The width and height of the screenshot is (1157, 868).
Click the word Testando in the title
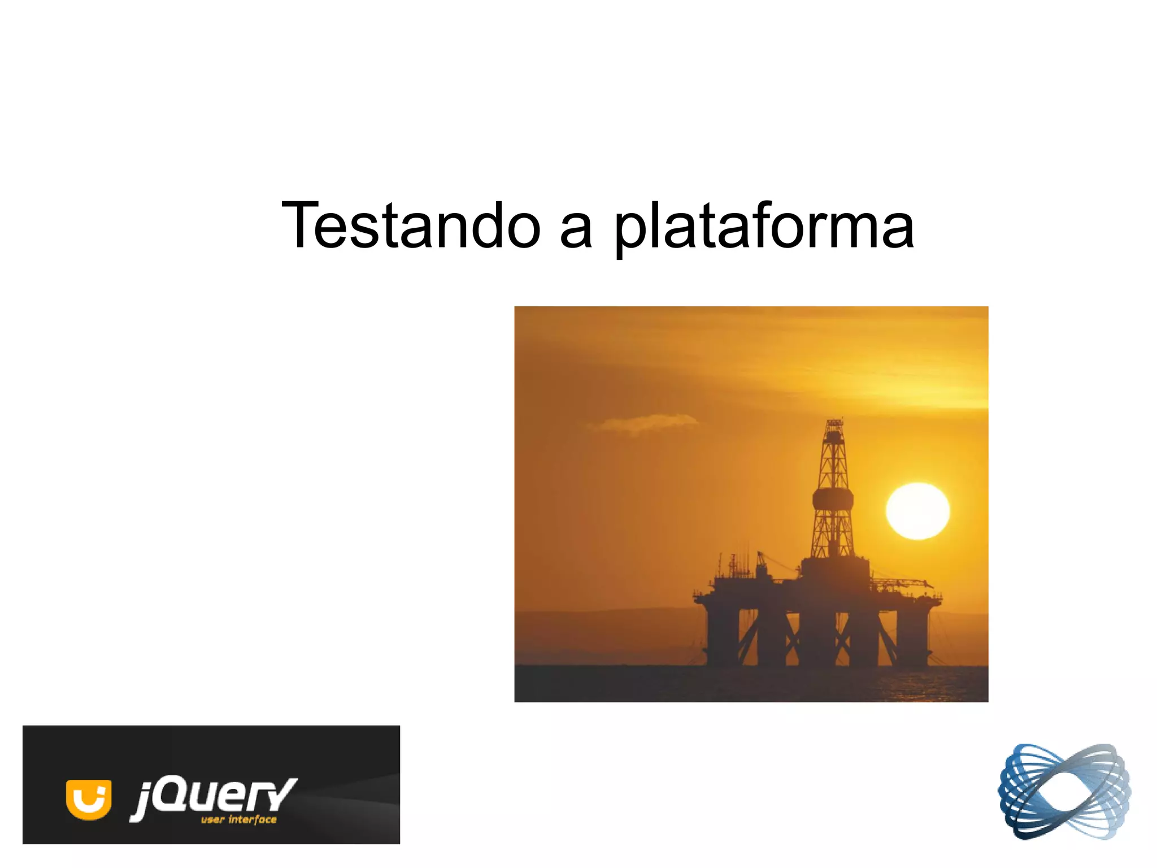(x=411, y=226)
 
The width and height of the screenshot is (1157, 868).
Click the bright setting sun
(x=917, y=511)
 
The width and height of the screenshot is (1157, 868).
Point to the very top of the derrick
(x=834, y=421)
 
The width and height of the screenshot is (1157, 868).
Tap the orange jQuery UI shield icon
(x=88, y=798)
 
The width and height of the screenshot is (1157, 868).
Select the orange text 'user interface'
(x=239, y=819)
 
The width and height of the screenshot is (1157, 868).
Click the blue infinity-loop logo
(x=1064, y=791)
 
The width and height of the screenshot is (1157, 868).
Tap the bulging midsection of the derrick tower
(x=833, y=498)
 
